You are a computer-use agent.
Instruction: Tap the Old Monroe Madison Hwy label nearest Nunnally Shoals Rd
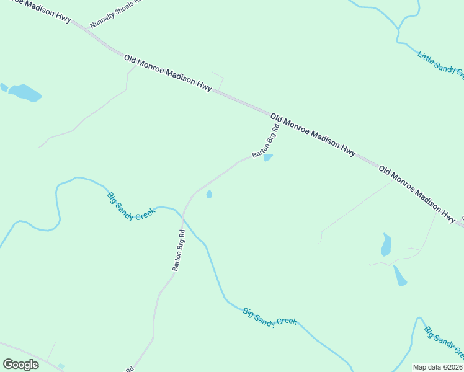[x=168, y=73]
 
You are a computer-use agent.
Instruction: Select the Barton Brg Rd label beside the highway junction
[x=266, y=140]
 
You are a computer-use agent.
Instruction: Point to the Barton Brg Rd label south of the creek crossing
[x=179, y=250]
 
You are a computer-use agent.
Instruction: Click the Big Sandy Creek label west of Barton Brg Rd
[x=131, y=206]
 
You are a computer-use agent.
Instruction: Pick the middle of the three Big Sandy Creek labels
[x=270, y=317]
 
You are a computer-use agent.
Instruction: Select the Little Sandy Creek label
[x=440, y=65]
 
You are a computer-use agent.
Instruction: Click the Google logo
[x=20, y=365]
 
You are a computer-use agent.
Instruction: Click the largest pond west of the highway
[x=25, y=92]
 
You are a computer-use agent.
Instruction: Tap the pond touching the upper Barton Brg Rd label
[x=268, y=157]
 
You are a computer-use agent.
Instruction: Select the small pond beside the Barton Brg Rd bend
[x=209, y=194]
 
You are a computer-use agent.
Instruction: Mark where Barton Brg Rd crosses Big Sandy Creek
[x=184, y=217]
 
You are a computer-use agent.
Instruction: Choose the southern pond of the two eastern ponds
[x=400, y=276]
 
